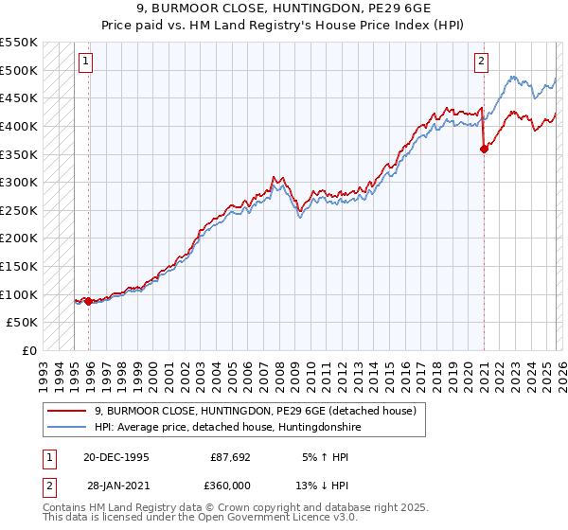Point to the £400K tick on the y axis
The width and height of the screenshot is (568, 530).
tap(19, 126)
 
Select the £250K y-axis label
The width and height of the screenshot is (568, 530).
tap(19, 210)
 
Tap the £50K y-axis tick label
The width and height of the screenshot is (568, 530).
tap(23, 323)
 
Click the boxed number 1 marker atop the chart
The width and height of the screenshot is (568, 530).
tap(85, 62)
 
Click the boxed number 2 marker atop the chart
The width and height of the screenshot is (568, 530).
tap(481, 62)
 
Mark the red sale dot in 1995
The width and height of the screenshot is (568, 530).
tap(89, 301)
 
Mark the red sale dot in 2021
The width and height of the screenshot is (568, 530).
tap(484, 148)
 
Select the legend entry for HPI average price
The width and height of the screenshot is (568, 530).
tap(227, 428)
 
